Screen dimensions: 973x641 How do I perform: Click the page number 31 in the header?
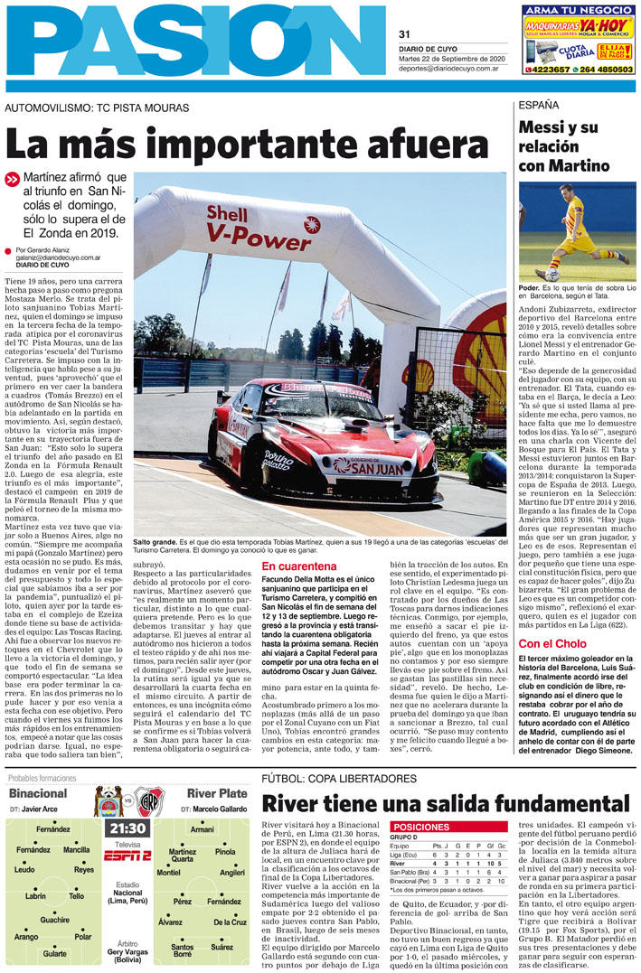[x=405, y=34]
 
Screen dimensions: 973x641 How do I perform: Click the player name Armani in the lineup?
[x=203, y=828]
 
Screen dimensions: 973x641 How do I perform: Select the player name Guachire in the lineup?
[x=54, y=920]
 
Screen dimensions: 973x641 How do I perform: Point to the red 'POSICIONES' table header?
[x=418, y=827]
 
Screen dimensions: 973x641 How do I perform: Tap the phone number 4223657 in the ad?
[x=547, y=69]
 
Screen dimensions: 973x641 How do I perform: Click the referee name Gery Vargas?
[x=127, y=951]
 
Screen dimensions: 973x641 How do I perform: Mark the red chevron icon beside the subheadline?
[x=12, y=179]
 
